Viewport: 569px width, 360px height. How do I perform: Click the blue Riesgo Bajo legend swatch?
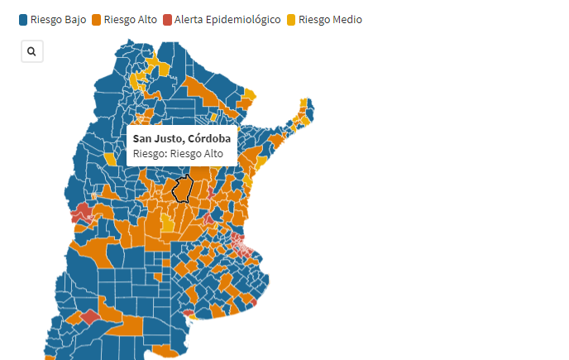coord(23,20)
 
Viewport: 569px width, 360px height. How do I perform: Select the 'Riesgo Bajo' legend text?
coord(58,20)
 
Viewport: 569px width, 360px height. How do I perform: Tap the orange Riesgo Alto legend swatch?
coord(97,20)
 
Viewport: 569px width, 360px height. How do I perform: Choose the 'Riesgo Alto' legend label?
coord(131,20)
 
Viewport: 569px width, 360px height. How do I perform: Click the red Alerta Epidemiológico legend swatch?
coord(168,20)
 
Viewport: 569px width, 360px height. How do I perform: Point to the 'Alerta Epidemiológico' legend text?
coord(227,20)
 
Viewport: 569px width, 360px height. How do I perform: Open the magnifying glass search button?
coord(31,51)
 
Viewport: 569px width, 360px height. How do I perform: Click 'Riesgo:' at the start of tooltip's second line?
coord(150,153)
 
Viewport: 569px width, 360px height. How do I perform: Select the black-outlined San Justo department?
coord(182,189)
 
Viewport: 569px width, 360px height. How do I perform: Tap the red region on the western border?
coord(82,214)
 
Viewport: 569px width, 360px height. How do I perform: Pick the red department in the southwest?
coord(89,315)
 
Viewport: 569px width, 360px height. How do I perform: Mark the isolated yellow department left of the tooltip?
coord(110,159)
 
